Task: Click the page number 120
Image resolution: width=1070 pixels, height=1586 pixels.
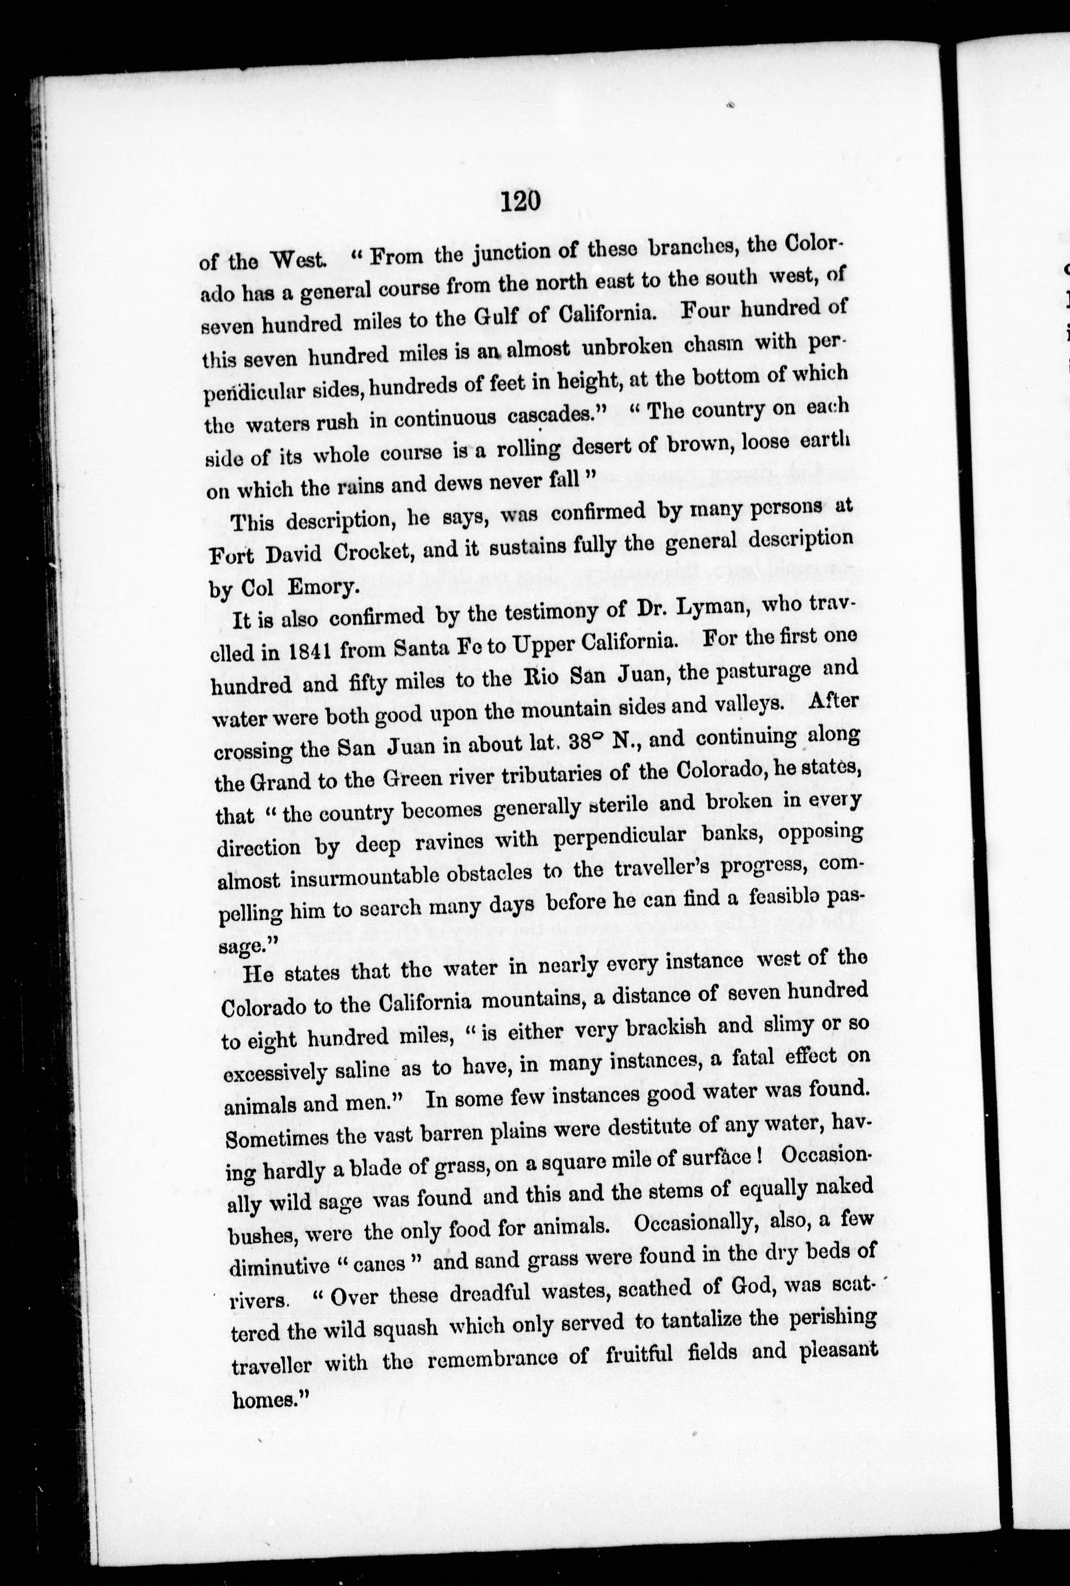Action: pyautogui.click(x=520, y=202)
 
